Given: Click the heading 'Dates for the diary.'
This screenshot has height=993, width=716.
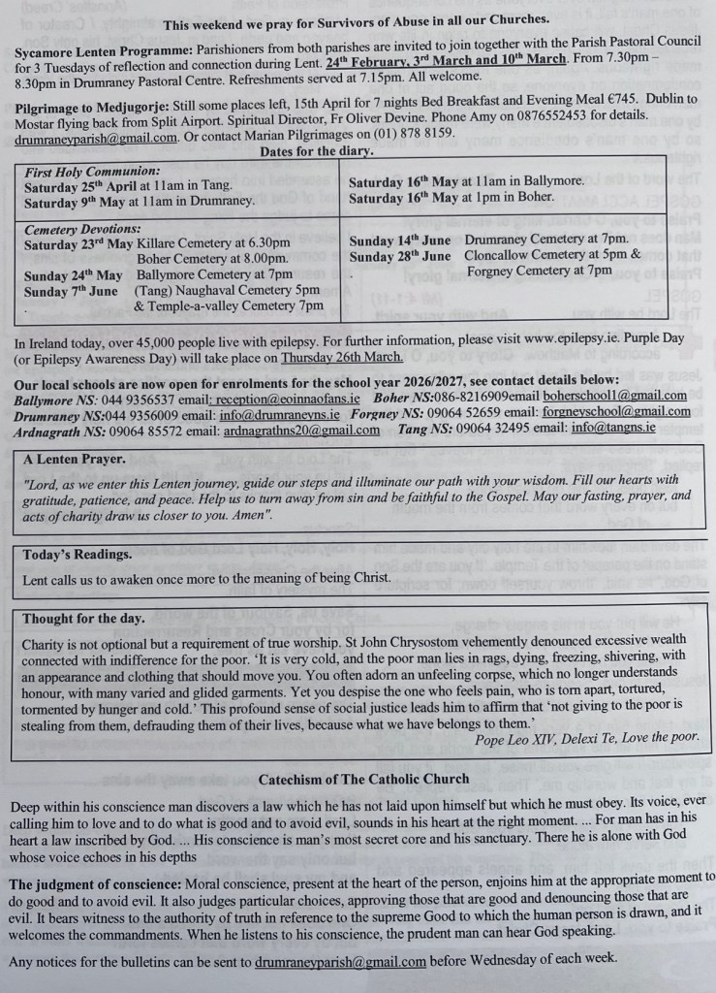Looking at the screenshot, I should (x=317, y=152).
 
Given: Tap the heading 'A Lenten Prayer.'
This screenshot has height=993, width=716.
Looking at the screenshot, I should (x=75, y=459).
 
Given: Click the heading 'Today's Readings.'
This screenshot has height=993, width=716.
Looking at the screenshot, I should (x=78, y=554).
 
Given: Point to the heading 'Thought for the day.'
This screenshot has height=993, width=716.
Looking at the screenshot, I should (x=83, y=618).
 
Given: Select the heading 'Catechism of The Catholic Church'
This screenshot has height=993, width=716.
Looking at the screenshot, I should (x=363, y=779).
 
